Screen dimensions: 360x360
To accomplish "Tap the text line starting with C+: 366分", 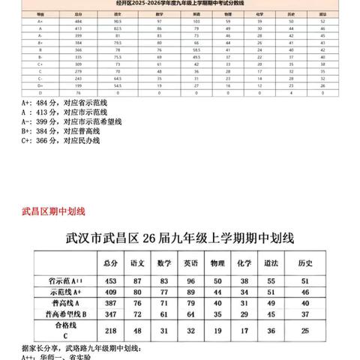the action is (x=60, y=140).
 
